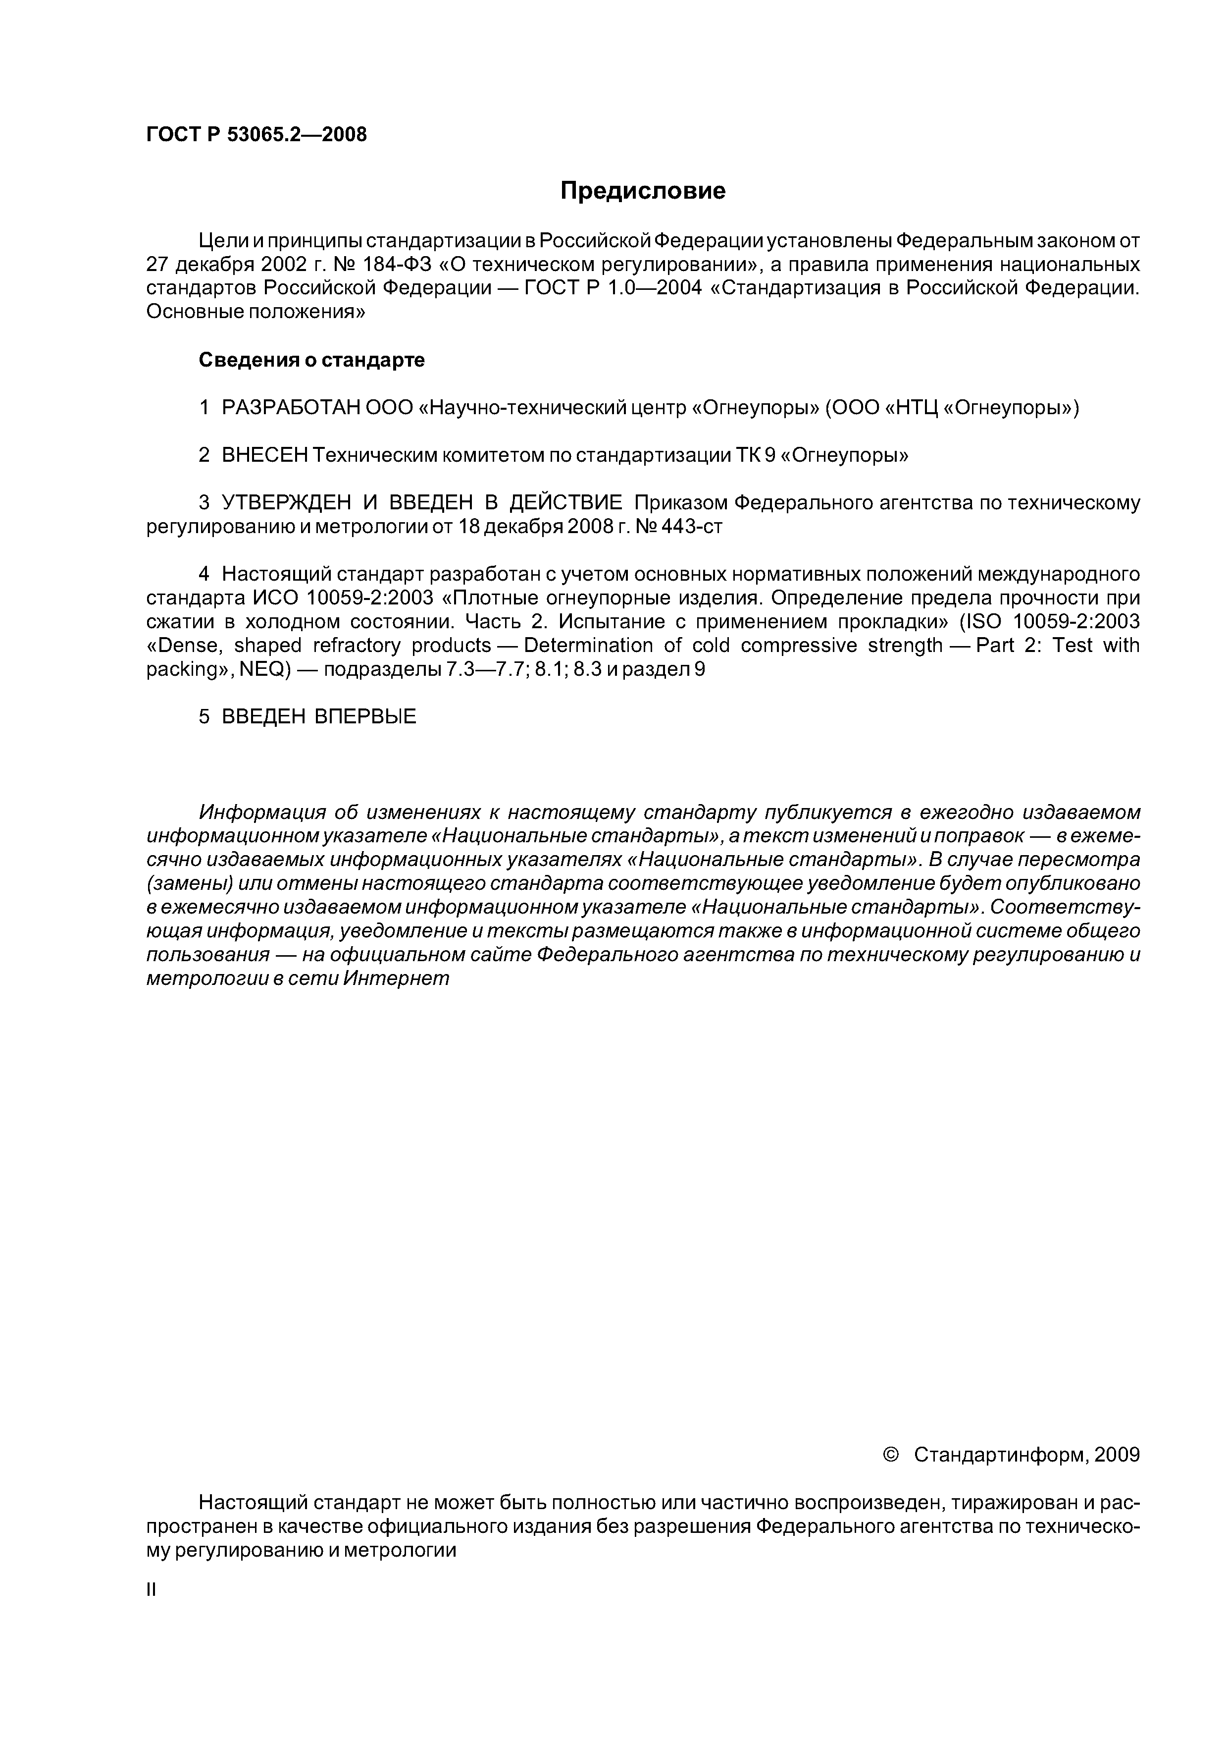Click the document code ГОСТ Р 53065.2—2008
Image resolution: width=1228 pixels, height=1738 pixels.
[256, 135]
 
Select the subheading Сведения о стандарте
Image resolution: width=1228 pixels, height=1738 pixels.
[311, 360]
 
